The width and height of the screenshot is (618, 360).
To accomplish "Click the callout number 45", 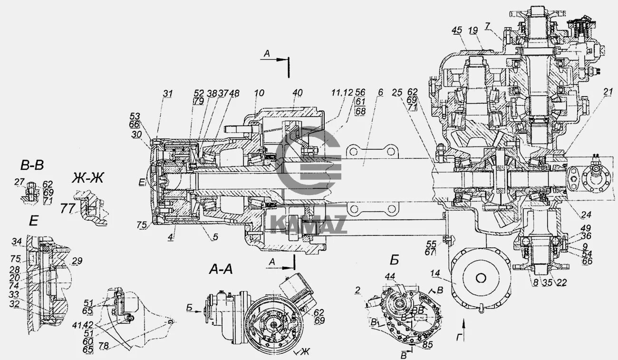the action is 457,30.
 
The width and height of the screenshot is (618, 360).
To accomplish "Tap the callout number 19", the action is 473,30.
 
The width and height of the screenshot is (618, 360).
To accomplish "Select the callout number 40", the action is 297,93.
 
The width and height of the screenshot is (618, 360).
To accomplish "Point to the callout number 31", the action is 167,94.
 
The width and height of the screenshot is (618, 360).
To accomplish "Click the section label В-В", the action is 32,165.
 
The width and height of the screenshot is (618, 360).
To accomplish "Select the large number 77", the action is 68,208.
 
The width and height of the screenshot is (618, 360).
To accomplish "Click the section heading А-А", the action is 221,270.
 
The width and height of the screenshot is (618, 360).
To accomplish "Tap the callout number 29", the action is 77,261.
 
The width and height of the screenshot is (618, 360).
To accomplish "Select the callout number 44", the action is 390,276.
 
